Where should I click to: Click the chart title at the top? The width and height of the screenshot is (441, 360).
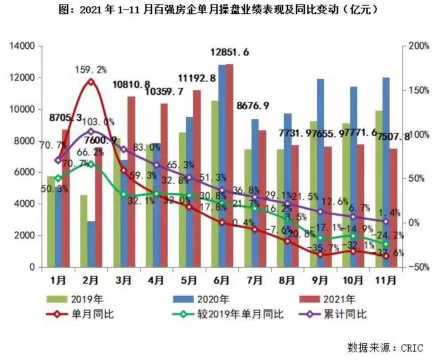click(220, 9)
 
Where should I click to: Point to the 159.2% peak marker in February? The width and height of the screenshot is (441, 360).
click(90, 81)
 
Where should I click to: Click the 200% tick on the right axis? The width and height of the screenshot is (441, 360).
click(418, 46)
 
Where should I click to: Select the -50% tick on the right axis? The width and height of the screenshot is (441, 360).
click(418, 267)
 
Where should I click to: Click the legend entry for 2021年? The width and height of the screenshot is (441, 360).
click(339, 300)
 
